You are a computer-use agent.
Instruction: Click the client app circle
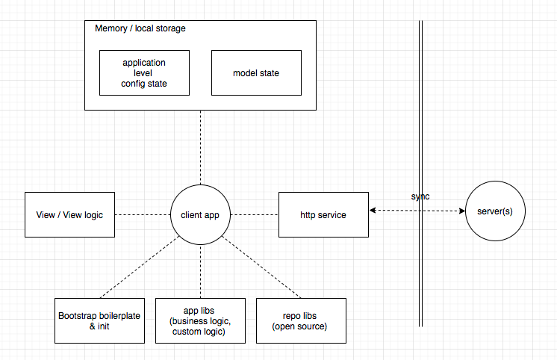point(200,214)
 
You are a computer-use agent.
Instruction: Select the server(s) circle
point(495,211)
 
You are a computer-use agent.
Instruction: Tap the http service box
point(323,214)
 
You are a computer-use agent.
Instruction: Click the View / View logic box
point(69,214)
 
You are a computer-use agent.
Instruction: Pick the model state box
point(256,72)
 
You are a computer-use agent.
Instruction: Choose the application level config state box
point(144,72)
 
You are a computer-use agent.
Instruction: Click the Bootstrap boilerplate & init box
point(99,320)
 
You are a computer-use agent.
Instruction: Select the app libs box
point(200,320)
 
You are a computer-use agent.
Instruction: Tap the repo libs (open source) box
point(301,320)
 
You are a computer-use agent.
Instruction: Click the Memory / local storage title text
point(140,28)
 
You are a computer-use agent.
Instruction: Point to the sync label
point(420,196)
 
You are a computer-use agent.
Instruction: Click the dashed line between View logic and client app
point(142,214)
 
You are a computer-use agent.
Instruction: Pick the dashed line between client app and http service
point(254,214)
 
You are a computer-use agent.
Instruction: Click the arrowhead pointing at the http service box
point(373,211)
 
